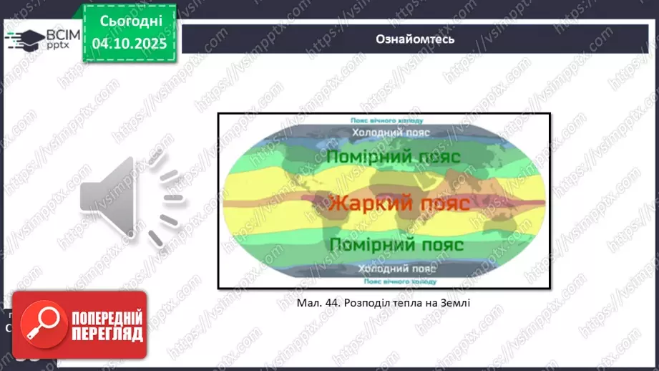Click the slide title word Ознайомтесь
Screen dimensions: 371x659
(x=414, y=39)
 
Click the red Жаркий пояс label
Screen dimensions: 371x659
(x=399, y=203)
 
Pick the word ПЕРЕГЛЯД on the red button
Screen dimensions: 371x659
(x=104, y=334)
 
